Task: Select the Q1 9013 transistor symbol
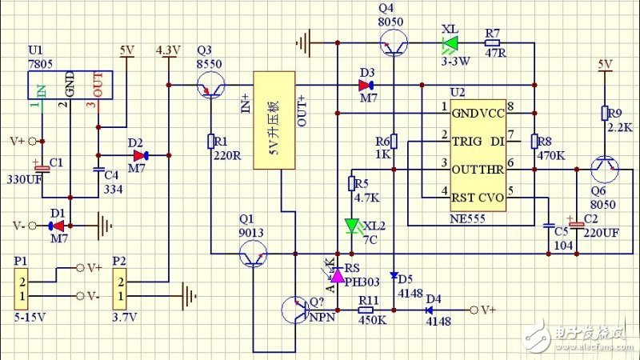click(x=254, y=255)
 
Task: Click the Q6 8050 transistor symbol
click(x=605, y=169)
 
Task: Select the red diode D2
click(x=141, y=155)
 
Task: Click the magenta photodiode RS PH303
click(x=338, y=275)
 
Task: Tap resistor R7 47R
click(x=492, y=42)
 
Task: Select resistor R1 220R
click(x=210, y=142)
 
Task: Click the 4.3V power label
click(x=170, y=50)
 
